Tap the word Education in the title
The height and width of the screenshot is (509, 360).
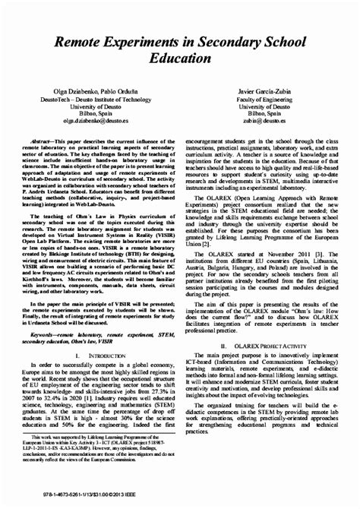[x=180, y=56]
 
